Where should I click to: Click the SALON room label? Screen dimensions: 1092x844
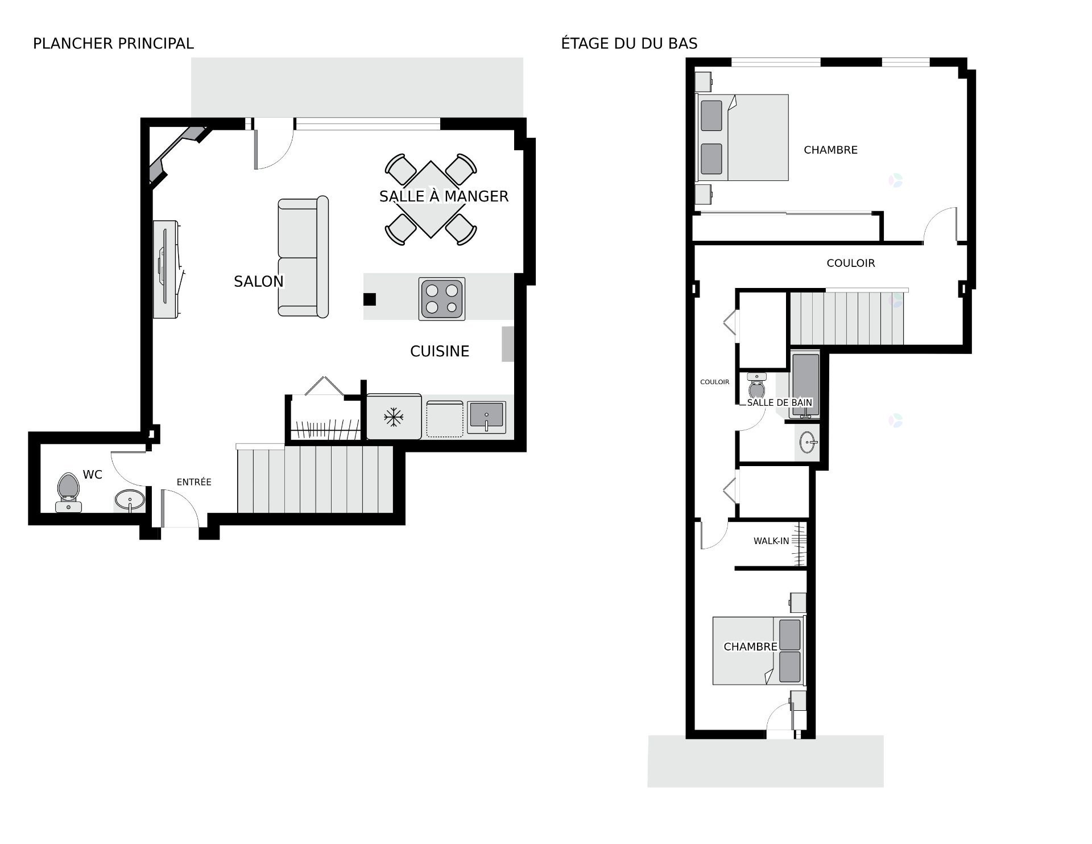(259, 281)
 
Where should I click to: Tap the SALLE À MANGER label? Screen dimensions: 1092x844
(444, 196)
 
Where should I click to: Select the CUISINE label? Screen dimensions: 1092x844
(440, 351)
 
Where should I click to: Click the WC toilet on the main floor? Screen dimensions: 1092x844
(69, 492)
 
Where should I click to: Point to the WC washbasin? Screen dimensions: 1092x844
(130, 500)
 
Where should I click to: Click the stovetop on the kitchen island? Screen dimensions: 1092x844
(442, 299)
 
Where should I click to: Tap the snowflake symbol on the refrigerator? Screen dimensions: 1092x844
(394, 418)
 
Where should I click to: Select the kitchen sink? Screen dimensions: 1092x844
(486, 417)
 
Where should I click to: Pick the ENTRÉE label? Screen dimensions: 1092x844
(194, 482)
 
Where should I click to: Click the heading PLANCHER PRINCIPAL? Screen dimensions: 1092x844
(113, 43)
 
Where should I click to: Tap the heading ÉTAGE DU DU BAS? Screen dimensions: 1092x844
(629, 43)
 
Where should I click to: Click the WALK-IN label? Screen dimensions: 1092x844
(771, 541)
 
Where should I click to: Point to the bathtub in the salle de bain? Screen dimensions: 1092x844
(805, 385)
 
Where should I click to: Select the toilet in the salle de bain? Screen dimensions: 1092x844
(757, 386)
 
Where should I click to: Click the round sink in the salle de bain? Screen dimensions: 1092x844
(809, 442)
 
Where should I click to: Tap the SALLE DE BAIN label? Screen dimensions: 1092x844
(780, 402)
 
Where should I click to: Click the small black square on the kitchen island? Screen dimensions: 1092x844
(370, 299)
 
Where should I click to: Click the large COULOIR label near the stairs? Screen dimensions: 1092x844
(851, 263)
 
